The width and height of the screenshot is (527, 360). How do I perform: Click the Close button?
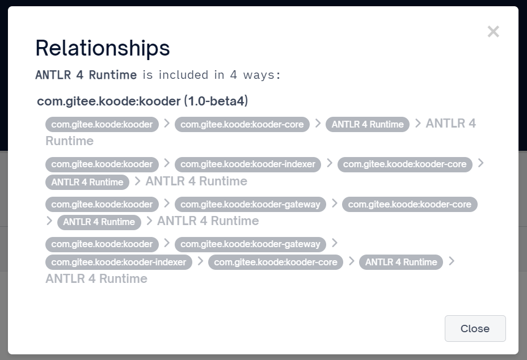(x=475, y=328)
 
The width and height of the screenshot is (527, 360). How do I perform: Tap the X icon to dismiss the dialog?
(x=493, y=32)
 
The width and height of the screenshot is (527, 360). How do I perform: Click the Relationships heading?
(x=103, y=48)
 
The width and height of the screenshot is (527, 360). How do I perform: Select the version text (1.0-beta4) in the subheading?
(x=216, y=101)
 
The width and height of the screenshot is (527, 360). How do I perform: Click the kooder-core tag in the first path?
(x=242, y=124)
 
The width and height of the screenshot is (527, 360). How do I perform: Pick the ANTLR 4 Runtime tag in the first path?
(x=368, y=124)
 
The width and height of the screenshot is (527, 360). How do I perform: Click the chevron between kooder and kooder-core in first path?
(x=166, y=123)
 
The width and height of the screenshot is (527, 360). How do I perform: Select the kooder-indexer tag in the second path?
(x=248, y=164)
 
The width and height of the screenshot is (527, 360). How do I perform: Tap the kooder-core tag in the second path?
(x=404, y=164)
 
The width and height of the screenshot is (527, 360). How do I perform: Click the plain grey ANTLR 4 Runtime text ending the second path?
(x=196, y=181)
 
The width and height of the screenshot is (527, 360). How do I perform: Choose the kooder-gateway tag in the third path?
(x=250, y=204)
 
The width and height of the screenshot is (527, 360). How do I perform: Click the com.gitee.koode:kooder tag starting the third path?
(x=102, y=204)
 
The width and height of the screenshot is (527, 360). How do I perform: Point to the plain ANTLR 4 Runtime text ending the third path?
(x=208, y=221)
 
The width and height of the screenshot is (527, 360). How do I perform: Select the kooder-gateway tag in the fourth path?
(x=250, y=244)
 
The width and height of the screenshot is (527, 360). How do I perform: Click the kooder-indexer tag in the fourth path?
(x=119, y=262)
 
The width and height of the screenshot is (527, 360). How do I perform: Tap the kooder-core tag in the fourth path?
(x=275, y=262)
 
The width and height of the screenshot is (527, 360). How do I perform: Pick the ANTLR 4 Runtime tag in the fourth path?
(x=401, y=262)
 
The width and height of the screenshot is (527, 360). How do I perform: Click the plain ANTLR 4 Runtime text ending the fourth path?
(x=96, y=279)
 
